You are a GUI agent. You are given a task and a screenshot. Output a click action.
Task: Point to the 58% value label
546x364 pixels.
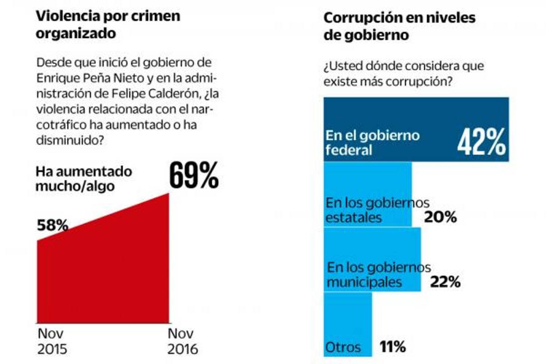click(53, 225)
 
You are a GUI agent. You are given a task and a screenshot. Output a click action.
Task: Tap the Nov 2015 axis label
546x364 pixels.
click(52, 342)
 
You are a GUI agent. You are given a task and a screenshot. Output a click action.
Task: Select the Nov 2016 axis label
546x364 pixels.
click(183, 342)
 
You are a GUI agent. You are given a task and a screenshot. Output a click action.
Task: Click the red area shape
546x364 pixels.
click(103, 273)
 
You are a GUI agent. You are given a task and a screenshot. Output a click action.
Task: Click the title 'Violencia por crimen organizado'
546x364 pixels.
click(108, 24)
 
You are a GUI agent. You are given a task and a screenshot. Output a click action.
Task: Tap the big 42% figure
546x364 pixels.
click(481, 142)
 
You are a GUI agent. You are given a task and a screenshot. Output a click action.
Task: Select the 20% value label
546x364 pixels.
click(440, 217)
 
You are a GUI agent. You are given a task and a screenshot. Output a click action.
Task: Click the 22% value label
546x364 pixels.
click(445, 282)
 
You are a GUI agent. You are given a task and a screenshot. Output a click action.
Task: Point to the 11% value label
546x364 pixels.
click(392, 348)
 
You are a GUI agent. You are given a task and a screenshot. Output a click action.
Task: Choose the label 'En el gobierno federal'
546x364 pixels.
click(373, 142)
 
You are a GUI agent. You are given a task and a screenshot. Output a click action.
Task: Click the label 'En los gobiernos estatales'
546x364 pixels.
click(377, 210)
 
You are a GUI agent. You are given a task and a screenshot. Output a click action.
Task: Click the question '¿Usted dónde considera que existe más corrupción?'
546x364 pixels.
click(404, 74)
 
